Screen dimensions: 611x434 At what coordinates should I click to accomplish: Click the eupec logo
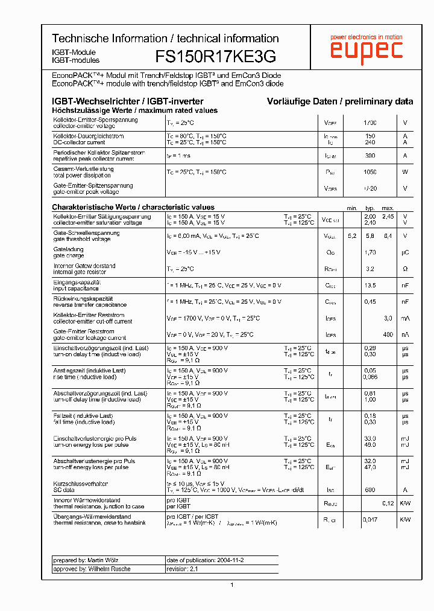366,50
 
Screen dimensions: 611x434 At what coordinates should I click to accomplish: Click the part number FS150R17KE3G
216,57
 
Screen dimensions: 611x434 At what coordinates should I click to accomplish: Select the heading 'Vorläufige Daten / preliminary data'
340,101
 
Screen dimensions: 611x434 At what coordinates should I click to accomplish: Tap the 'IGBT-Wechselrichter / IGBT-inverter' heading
128,101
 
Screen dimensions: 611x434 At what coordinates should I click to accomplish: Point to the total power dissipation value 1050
370,172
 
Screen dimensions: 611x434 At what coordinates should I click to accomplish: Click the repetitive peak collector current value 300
370,156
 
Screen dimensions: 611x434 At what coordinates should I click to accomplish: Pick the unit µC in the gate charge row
405,252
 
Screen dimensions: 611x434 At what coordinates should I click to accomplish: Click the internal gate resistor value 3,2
370,269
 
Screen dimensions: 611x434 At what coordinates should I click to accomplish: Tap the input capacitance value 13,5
370,285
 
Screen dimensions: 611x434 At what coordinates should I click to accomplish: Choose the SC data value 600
370,490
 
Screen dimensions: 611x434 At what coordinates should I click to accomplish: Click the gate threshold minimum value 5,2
352,236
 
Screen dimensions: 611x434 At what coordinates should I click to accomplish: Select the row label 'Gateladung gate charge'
69,252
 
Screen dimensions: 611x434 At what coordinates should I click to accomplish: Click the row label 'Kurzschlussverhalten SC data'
80,487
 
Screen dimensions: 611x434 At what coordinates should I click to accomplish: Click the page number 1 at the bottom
232,584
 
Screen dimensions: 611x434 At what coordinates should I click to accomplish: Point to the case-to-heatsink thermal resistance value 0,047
371,519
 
